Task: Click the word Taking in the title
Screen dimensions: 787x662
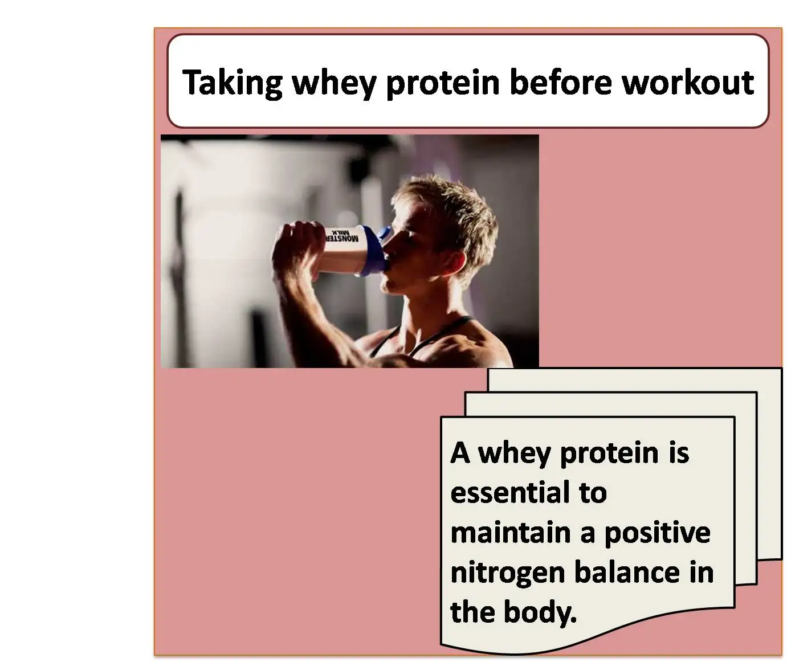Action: (233, 83)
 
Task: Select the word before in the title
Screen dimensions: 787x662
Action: (561, 82)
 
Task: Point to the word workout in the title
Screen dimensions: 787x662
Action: (688, 82)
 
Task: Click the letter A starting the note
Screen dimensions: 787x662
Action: (460, 452)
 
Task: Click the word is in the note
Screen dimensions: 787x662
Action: (679, 452)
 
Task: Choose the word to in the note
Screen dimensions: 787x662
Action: (593, 492)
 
